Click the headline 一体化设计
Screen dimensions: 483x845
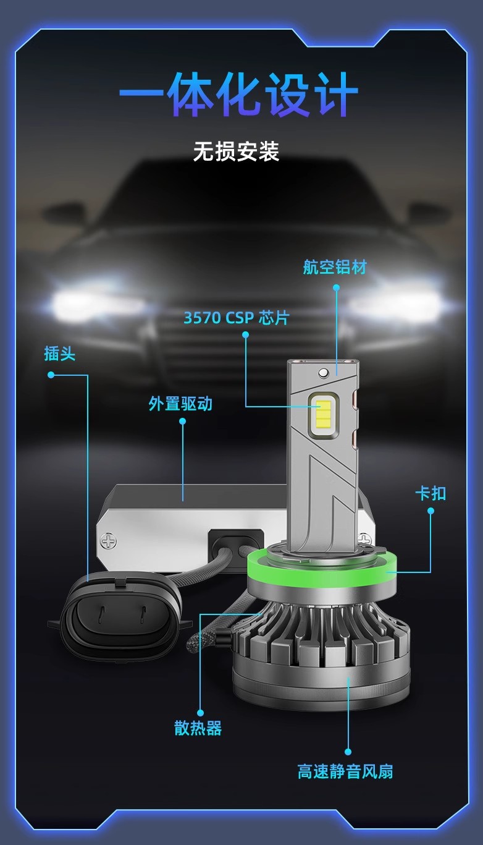(x=238, y=95)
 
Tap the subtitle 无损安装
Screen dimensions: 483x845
(x=237, y=151)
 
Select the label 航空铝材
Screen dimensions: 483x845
(x=335, y=267)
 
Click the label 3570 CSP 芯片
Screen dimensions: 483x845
(x=237, y=318)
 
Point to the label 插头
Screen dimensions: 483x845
(x=59, y=354)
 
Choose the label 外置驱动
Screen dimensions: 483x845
(x=180, y=403)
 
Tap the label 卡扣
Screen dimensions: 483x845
(x=430, y=493)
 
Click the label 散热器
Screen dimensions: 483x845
(x=198, y=728)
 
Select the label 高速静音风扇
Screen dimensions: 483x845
(x=345, y=771)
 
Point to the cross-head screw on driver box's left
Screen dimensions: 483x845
(x=109, y=541)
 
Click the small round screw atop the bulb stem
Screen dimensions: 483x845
(x=323, y=373)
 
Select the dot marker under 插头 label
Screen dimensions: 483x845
(x=51, y=375)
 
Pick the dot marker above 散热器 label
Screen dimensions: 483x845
(x=200, y=713)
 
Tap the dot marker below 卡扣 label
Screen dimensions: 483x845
(x=430, y=511)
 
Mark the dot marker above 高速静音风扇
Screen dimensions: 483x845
(x=348, y=752)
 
